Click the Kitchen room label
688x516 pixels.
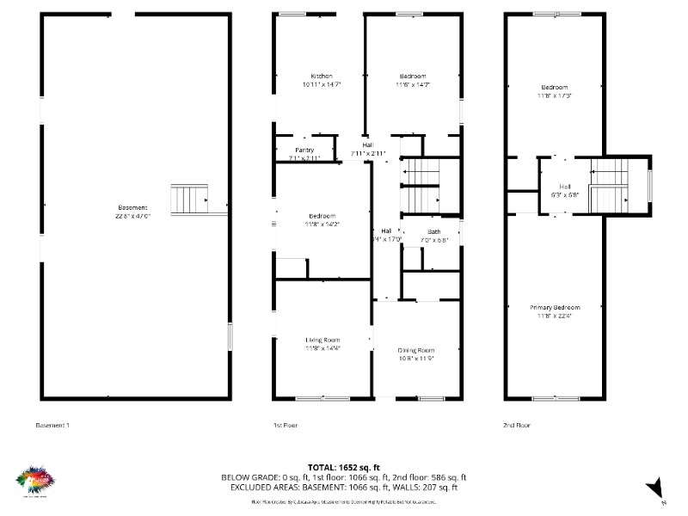pos(322,77)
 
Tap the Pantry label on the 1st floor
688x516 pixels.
pos(304,150)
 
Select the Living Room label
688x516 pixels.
pos(322,341)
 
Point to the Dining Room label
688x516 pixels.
pos(415,350)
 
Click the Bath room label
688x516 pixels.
pos(433,232)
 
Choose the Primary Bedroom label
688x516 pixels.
pos(554,308)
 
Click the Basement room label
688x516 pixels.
pos(133,208)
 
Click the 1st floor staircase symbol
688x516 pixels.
pos(421,184)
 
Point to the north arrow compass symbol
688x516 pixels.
pos(655,488)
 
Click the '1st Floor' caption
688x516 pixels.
pos(286,425)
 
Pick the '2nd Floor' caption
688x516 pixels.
pos(517,425)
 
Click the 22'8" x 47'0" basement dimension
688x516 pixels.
pos(133,217)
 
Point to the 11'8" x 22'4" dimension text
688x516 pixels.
pos(554,316)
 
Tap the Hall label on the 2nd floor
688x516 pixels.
pos(565,187)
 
